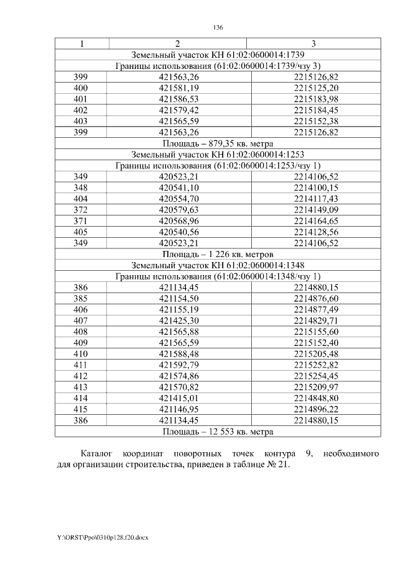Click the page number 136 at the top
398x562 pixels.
click(218, 28)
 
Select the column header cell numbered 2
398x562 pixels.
click(177, 43)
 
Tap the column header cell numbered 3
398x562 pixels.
click(313, 43)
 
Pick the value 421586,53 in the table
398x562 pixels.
click(178, 99)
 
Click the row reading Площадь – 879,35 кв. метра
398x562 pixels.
click(218, 143)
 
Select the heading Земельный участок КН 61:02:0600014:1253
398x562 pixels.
click(218, 155)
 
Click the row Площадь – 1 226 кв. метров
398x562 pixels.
click(218, 254)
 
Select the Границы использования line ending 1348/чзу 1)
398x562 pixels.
click(218, 276)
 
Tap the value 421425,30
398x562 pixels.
click(178, 320)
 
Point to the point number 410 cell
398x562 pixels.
click(81, 353)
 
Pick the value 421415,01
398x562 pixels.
click(178, 398)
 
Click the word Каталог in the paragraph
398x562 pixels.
click(98, 455)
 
